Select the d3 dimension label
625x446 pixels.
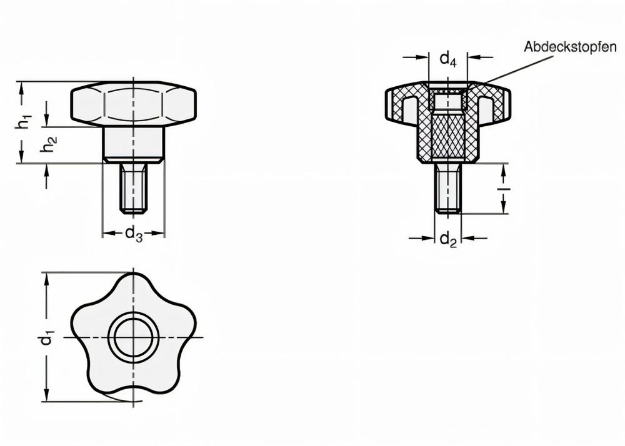(x=134, y=234)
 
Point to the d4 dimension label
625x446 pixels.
(x=447, y=59)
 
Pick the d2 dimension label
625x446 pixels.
(x=447, y=239)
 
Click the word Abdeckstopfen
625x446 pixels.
(x=570, y=47)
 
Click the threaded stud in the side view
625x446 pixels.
(x=134, y=188)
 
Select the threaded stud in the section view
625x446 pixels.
(x=447, y=188)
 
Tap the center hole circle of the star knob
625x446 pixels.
(x=134, y=338)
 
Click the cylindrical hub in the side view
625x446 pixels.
(x=134, y=143)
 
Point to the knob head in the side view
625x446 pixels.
(x=134, y=103)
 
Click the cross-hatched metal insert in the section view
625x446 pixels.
(x=447, y=134)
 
